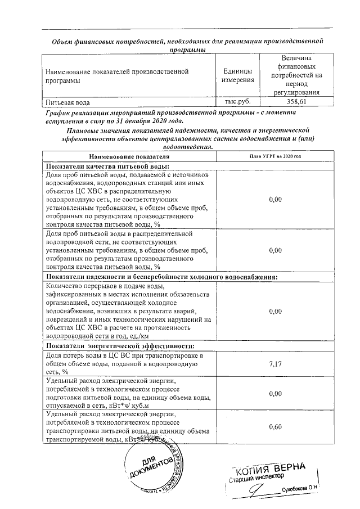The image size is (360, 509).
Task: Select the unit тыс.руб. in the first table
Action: [237, 102]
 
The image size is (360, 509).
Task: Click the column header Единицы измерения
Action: [237, 76]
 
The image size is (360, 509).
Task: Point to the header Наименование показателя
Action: [128, 156]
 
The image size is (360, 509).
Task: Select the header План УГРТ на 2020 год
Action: [275, 156]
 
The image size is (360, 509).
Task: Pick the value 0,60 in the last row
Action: [275, 427]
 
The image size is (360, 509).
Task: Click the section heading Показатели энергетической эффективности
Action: [120, 345]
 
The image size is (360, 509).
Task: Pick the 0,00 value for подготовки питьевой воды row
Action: [275, 394]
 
